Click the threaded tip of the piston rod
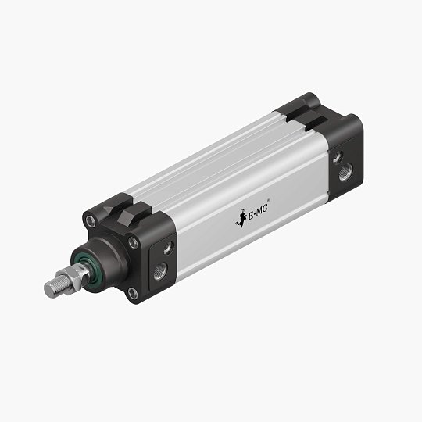52,288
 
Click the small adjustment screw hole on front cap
166,250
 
